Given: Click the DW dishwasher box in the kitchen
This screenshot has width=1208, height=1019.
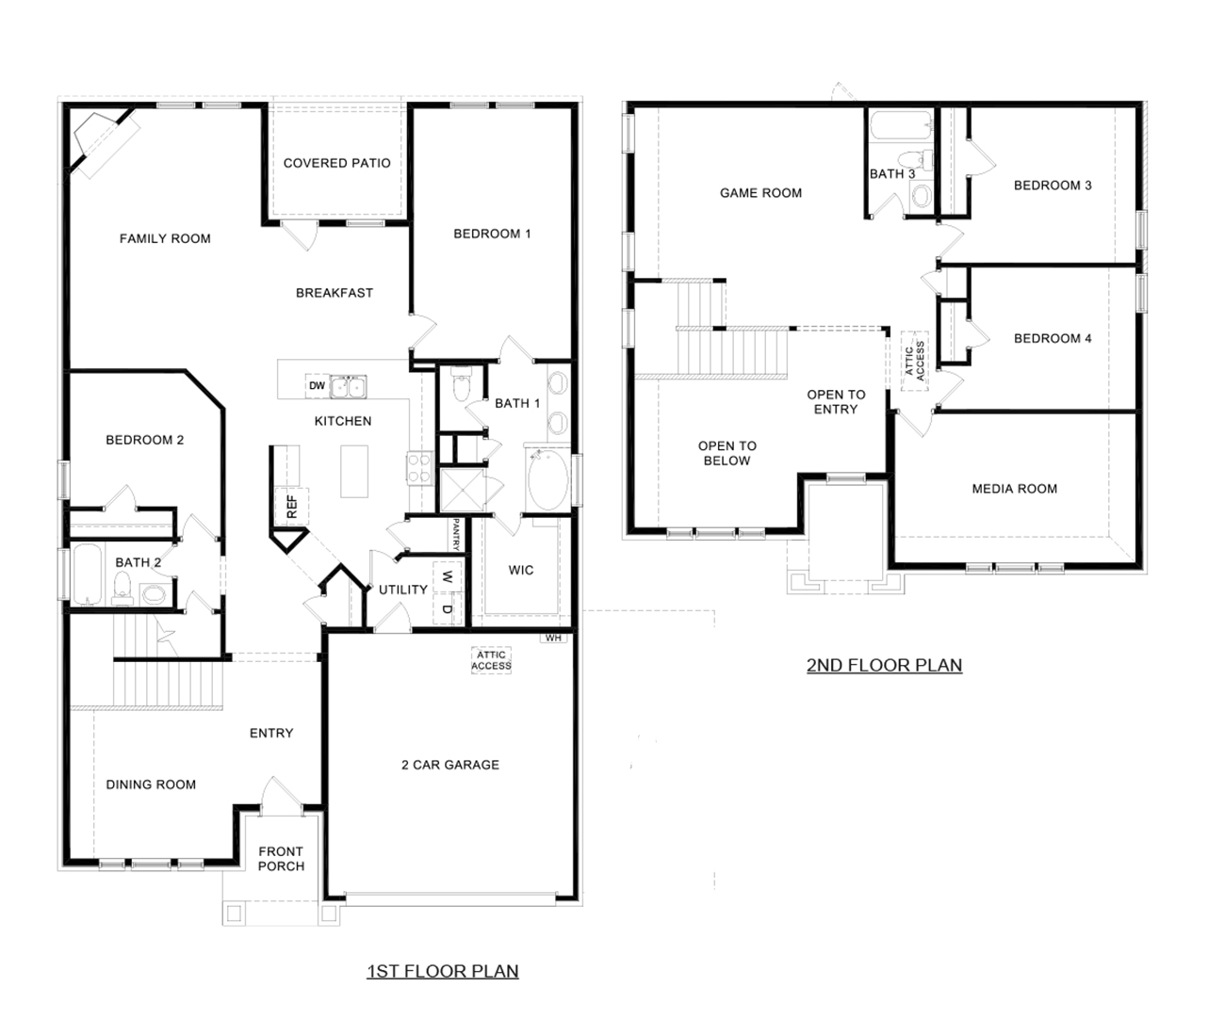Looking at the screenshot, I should click(318, 386).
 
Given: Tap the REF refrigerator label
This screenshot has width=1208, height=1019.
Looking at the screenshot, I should click(291, 507).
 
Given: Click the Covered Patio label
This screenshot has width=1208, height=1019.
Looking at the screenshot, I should click(336, 163).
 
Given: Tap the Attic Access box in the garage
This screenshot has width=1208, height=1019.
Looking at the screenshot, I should click(491, 660).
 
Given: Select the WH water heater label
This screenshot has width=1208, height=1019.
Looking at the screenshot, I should click(552, 638).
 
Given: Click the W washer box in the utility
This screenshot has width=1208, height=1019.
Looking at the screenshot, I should click(448, 576).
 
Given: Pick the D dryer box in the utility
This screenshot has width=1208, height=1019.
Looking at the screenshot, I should click(448, 609).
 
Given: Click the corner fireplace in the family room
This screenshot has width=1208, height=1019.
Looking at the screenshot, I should click(98, 140).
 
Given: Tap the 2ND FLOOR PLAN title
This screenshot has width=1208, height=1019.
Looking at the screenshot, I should click(884, 665).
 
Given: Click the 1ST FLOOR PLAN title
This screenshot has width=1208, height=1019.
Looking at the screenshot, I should click(442, 970).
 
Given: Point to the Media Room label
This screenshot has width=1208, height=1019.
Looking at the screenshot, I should click(1014, 489).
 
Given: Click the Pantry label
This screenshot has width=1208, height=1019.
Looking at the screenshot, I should click(456, 534).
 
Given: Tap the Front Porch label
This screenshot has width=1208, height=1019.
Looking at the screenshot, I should click(281, 859).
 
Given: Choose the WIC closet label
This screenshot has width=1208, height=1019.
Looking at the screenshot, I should click(520, 570).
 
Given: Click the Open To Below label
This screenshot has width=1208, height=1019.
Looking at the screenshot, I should click(726, 453).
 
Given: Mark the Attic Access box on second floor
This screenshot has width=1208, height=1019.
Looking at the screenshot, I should click(914, 359).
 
